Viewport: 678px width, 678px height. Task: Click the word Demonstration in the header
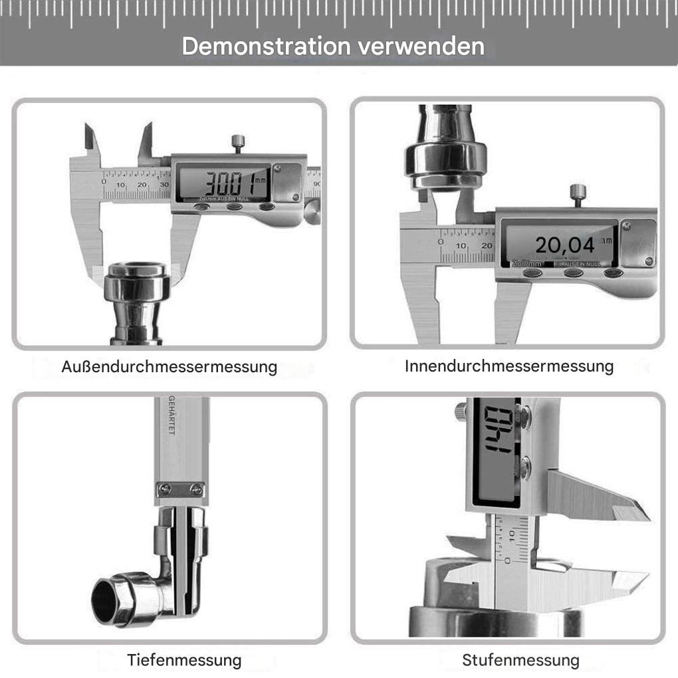pyautogui.click(x=267, y=47)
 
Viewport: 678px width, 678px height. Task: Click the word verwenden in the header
pyautogui.click(x=419, y=47)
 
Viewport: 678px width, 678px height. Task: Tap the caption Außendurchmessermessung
pyautogui.click(x=169, y=366)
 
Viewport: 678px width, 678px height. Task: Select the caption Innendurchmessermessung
pyautogui.click(x=508, y=366)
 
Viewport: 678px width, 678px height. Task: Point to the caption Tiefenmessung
pyautogui.click(x=184, y=660)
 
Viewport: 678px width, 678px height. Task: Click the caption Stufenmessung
pyautogui.click(x=520, y=660)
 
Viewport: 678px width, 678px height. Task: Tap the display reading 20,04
pyautogui.click(x=564, y=245)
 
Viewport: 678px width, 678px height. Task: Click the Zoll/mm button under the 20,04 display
pyautogui.click(x=532, y=273)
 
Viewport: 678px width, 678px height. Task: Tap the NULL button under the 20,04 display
pyautogui.click(x=613, y=273)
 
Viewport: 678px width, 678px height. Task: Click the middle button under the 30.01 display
pyautogui.click(x=234, y=207)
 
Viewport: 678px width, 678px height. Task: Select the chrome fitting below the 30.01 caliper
pyautogui.click(x=138, y=299)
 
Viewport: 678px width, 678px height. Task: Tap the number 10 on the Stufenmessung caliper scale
pyautogui.click(x=512, y=535)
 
